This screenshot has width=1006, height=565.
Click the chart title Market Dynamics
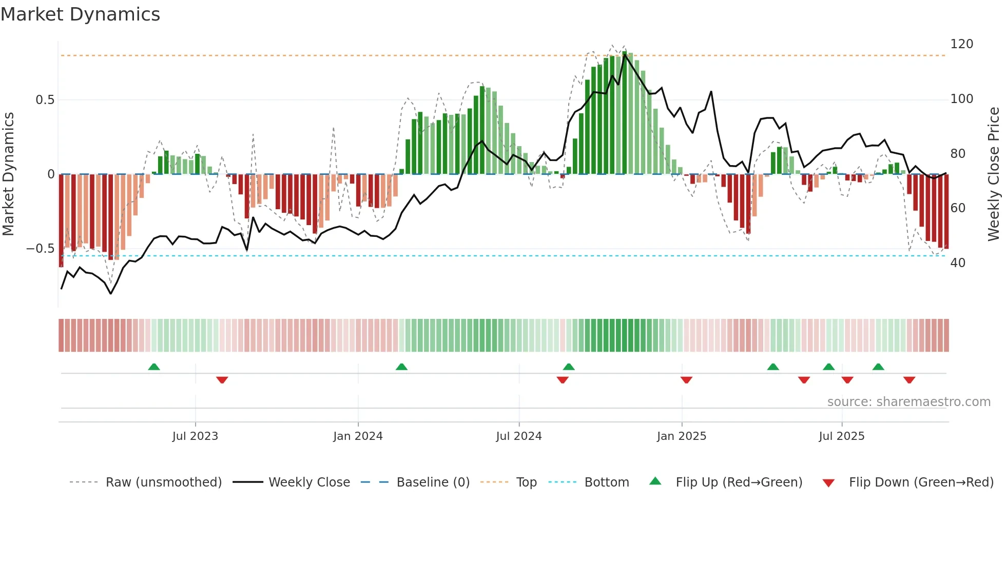coord(81,14)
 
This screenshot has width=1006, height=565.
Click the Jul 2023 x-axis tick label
coord(195,436)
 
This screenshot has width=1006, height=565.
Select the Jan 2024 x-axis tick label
coord(358,436)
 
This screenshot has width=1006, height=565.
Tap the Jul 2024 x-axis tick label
coord(518,436)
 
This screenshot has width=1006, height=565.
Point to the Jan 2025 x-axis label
coord(681,436)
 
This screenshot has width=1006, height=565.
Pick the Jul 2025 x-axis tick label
coord(841,436)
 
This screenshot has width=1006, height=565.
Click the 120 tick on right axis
coord(961,44)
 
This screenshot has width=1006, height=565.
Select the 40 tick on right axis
coord(958,263)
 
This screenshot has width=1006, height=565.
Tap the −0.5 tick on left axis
coord(40,249)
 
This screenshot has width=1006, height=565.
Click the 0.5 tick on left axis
coord(45,100)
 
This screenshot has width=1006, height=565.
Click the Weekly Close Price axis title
coord(994,174)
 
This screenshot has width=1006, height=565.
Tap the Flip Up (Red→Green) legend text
coord(739,482)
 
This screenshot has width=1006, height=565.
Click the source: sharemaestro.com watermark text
coord(908,402)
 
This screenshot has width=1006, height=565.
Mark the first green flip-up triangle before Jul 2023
coord(154,367)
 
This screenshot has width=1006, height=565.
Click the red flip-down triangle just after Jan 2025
coord(686,380)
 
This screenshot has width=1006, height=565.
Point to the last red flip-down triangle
coord(909,380)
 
